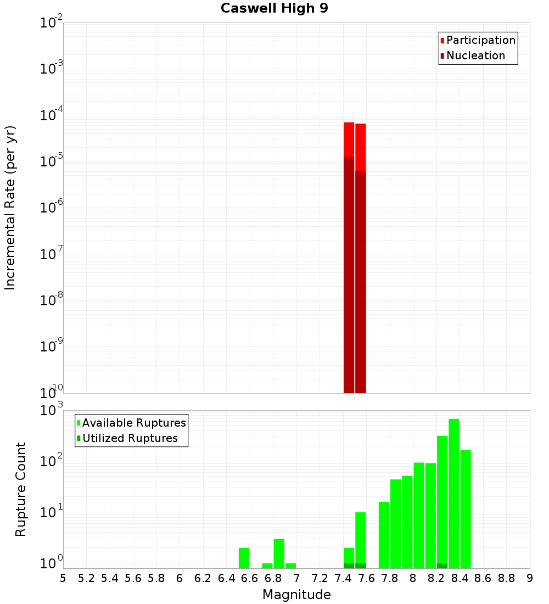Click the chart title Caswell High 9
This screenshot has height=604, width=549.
274,9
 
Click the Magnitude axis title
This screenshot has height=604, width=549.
296,595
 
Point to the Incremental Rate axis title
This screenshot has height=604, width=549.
10,208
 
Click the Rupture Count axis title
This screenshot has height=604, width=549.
21,489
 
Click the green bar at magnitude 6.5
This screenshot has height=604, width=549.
244,558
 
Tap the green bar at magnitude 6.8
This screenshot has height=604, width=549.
279,553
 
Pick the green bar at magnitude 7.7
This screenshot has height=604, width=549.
384,535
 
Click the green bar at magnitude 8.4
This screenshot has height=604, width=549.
466,509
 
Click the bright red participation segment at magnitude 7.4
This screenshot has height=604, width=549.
349,139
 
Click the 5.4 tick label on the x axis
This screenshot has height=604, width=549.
110,578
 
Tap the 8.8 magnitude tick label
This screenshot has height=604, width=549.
506,578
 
